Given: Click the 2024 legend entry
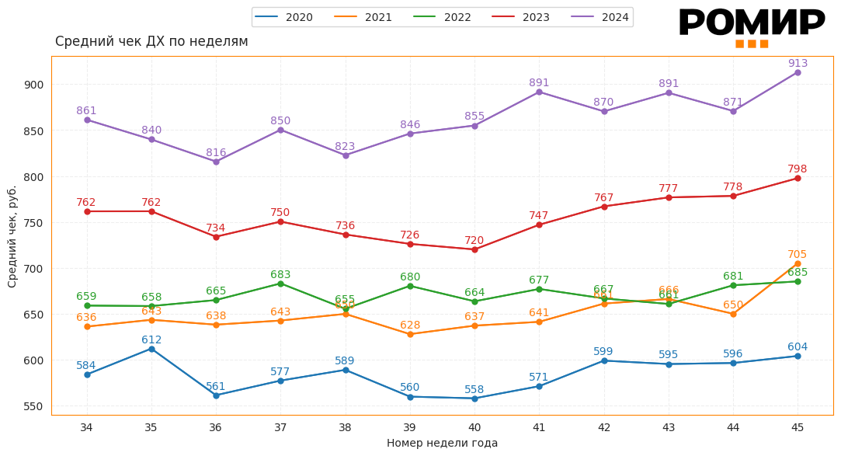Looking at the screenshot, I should (599, 17).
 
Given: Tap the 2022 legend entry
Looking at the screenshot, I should (442, 17).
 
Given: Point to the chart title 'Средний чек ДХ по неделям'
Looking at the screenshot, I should (151, 42).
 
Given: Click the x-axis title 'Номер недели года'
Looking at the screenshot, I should (442, 443).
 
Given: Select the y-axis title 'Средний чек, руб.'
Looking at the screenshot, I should (12, 236).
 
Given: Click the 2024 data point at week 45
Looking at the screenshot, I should (798, 72).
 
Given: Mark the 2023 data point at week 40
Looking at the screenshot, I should (474, 249).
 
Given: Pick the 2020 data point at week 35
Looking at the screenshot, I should (151, 349).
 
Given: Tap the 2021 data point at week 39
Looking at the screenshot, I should (410, 334).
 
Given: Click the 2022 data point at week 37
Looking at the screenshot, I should (280, 284).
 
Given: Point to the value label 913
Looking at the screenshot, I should (798, 64).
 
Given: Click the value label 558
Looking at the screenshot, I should (474, 390).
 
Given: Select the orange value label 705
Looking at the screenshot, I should (798, 255).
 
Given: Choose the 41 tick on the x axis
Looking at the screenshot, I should (539, 427).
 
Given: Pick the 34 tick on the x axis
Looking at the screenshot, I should (86, 427).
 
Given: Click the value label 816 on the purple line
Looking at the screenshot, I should (216, 153).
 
